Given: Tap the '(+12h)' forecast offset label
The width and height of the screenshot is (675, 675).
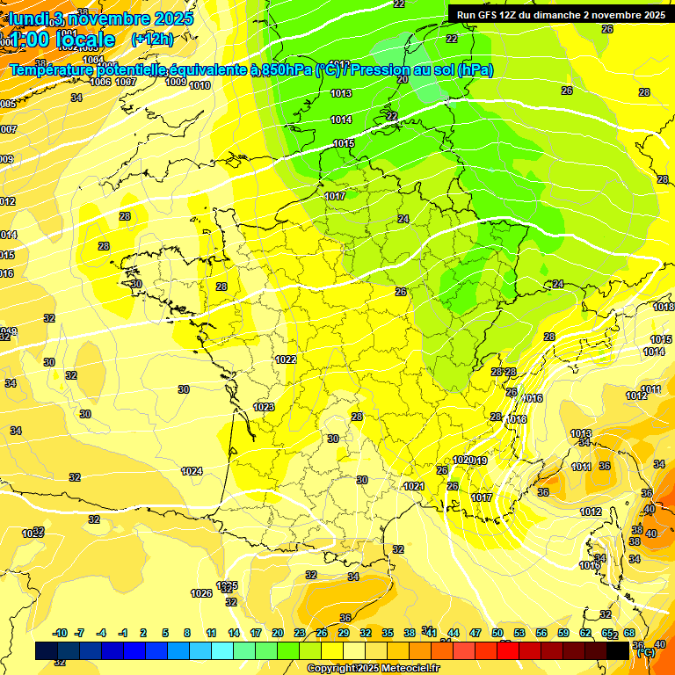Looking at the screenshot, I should click(x=151, y=40).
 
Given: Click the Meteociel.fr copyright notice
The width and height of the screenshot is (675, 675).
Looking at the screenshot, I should click(x=374, y=669).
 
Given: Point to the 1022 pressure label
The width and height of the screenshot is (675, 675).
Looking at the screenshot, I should click(x=286, y=359).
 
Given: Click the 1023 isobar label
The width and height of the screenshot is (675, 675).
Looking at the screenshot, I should click(x=264, y=407).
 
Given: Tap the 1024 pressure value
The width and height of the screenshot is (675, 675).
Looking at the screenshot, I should click(x=192, y=471).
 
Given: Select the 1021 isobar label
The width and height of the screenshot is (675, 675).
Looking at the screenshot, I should click(x=414, y=486).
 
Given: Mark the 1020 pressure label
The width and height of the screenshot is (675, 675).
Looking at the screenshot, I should click(x=463, y=460).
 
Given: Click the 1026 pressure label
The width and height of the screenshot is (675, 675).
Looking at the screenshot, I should click(x=201, y=593).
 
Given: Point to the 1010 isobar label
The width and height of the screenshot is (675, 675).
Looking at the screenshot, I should click(x=200, y=85).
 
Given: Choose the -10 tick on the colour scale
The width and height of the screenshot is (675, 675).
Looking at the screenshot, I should click(x=60, y=633).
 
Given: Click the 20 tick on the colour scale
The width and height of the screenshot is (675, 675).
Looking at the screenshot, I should click(x=277, y=633).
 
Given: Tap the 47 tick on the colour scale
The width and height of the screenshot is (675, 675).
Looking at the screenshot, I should click(x=475, y=633).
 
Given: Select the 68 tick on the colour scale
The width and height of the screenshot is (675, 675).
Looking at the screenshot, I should click(x=628, y=633).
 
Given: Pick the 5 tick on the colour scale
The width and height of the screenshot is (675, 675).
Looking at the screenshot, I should click(x=165, y=633).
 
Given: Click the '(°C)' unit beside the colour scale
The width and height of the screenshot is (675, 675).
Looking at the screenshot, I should click(x=645, y=651).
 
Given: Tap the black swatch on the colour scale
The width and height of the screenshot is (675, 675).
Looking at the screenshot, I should click(x=618, y=650).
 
